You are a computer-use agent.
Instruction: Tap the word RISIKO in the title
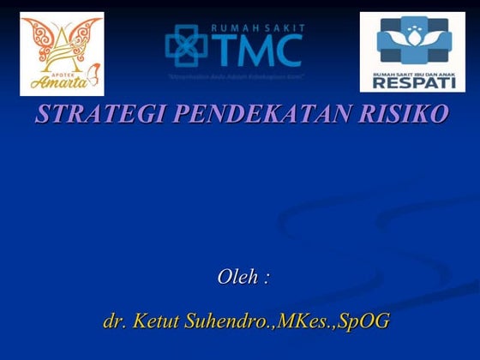[x=413, y=114]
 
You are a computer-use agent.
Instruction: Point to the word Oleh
[x=237, y=277]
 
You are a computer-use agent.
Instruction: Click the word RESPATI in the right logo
[x=411, y=83]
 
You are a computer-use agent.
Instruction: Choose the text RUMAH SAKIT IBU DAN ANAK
[x=411, y=74]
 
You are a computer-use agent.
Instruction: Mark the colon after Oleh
[x=267, y=279]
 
